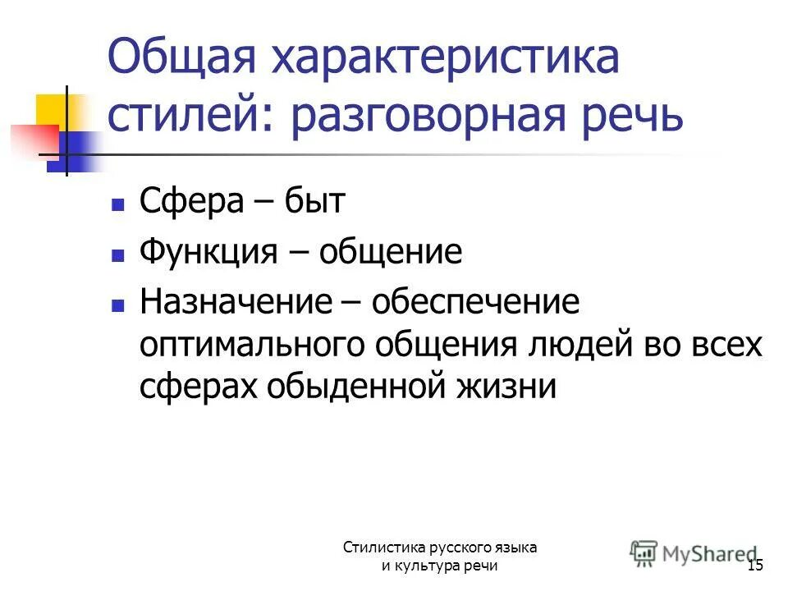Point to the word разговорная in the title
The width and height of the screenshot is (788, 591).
click(x=438, y=117)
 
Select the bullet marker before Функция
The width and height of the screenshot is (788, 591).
click(x=117, y=254)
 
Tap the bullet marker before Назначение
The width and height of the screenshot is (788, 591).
click(x=117, y=304)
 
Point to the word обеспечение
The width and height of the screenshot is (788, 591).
click(x=475, y=302)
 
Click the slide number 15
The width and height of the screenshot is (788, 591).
click(x=755, y=566)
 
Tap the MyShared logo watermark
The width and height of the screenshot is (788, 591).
click(x=693, y=553)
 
